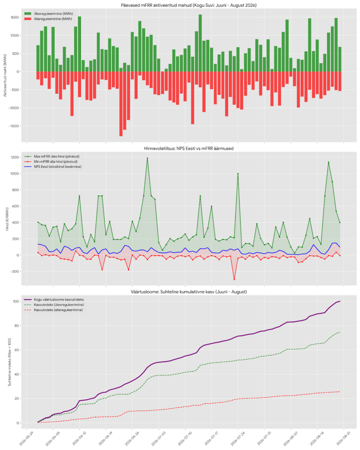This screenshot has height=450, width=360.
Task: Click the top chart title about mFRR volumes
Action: (189, 5)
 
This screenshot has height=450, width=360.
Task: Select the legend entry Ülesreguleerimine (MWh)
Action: (53, 14)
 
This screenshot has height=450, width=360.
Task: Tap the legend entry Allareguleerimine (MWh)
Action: (53, 19)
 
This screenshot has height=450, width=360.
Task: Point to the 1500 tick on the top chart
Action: (15, 18)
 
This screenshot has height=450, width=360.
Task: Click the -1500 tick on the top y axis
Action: (14, 126)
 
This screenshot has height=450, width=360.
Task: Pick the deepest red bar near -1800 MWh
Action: (121, 104)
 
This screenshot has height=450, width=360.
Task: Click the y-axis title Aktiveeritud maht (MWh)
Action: (5, 75)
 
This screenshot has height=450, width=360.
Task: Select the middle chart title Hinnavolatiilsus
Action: (189, 149)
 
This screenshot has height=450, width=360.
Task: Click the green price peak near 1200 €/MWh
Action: (148, 158)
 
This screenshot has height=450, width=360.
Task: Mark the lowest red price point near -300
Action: (234, 279)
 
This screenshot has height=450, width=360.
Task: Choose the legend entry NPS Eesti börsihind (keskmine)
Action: (58, 167)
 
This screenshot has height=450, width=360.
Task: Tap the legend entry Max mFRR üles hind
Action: (57, 156)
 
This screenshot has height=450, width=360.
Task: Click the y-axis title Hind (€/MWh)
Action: (7, 219)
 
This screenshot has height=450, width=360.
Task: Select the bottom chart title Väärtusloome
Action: (189, 292)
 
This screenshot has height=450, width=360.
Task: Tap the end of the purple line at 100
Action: (340, 301)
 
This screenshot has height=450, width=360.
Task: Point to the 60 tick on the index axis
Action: (17, 350)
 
